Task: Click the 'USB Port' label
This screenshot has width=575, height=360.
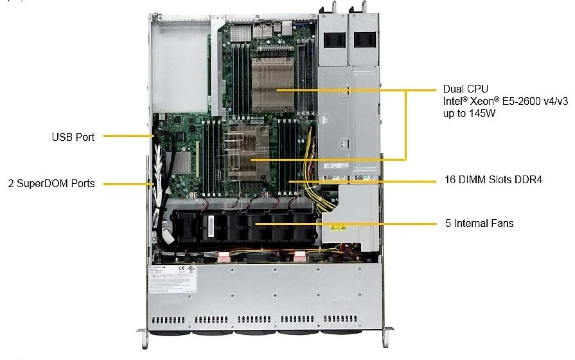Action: click(x=73, y=137)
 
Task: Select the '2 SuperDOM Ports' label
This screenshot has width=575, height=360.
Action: click(x=51, y=183)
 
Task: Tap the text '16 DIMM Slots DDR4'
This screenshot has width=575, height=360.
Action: click(x=493, y=179)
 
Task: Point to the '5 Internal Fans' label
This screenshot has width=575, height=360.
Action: click(x=479, y=223)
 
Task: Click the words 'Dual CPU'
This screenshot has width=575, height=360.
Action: click(x=465, y=89)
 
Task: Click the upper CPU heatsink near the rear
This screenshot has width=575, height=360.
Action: click(x=273, y=84)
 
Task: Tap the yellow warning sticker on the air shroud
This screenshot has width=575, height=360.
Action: click(x=337, y=228)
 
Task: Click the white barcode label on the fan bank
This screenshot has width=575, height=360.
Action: click(x=211, y=226)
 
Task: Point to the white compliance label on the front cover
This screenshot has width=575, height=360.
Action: click(x=172, y=279)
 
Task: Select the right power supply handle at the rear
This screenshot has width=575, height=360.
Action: click(x=364, y=8)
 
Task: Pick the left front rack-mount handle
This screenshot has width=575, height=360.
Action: click(x=144, y=337)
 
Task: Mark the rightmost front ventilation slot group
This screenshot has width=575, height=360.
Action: click(x=340, y=319)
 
